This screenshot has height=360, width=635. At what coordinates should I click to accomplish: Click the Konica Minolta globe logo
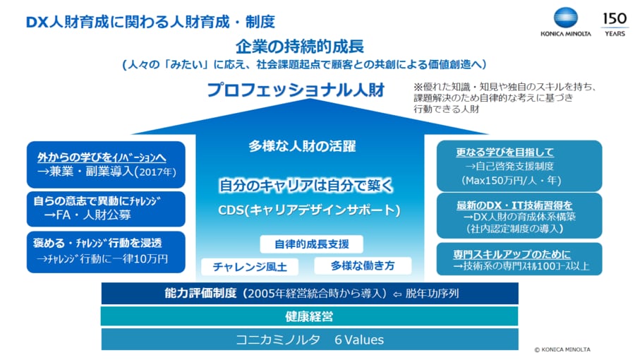tap(565, 18)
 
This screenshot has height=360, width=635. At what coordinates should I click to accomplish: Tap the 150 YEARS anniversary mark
tap(615, 24)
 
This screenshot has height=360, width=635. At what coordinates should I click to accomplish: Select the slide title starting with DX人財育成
tap(150, 22)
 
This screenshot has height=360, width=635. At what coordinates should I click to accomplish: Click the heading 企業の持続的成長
tap(300, 47)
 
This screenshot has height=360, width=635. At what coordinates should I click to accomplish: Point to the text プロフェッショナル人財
tap(296, 90)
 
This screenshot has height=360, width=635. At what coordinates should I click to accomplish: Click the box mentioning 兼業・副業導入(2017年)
tap(106, 164)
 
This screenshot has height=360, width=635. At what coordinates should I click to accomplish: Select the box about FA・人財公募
tap(106, 209)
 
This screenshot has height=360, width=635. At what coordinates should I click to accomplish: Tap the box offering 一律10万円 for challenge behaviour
tap(106, 252)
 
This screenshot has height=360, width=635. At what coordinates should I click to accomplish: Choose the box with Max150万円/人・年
tap(519, 166)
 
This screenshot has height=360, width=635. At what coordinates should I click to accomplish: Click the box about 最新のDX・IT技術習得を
tap(519, 216)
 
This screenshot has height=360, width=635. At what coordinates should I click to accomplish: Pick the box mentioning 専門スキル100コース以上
tap(519, 259)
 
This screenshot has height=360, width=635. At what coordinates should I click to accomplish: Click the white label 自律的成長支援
tap(311, 244)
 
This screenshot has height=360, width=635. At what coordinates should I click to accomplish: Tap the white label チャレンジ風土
tap(250, 267)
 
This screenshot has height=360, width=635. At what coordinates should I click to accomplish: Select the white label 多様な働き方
tap(363, 265)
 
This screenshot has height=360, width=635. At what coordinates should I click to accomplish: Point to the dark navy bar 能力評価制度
tap(310, 293)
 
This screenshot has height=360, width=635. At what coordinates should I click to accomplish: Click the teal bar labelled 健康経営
tap(310, 316)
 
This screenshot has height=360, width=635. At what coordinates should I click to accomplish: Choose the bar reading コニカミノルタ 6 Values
tap(310, 340)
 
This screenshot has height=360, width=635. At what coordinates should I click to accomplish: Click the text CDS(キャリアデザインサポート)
tap(309, 210)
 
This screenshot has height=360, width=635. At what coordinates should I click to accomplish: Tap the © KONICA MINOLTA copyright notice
tap(562, 349)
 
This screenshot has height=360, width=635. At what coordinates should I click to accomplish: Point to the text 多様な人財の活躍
tap(302, 146)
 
